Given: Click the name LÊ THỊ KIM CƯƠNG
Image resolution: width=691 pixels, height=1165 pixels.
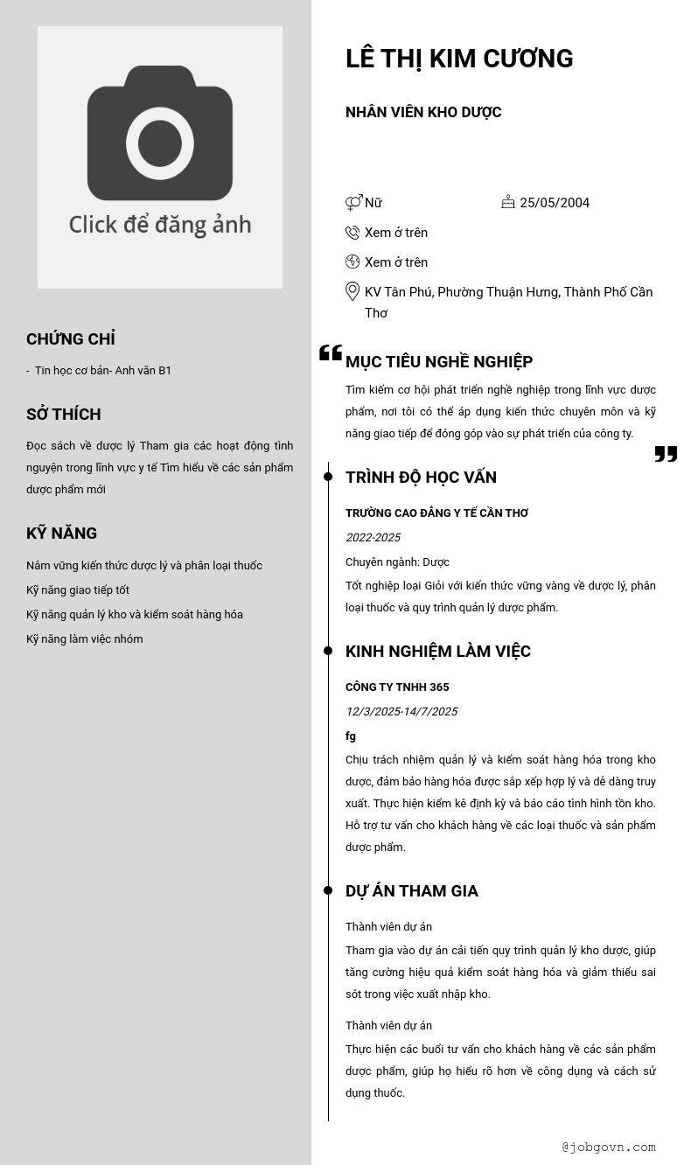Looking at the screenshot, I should [459, 59].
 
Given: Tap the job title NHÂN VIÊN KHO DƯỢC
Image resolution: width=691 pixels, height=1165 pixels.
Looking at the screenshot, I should [423, 112].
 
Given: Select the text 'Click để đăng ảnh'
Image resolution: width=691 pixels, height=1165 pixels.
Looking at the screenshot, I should [160, 225].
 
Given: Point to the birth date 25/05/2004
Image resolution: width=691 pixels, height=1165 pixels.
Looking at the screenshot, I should [555, 203].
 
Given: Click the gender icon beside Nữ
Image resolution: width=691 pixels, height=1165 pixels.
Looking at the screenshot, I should [353, 203].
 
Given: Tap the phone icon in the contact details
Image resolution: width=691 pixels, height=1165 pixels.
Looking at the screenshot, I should [352, 233].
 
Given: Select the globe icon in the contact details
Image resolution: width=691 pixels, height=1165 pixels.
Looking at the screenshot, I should [352, 262].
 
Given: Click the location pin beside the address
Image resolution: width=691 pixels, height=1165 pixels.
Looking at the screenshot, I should [352, 291].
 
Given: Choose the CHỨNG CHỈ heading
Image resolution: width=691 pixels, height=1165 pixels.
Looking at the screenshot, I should [71, 339].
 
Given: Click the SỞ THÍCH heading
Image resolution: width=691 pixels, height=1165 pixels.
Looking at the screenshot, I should [64, 415].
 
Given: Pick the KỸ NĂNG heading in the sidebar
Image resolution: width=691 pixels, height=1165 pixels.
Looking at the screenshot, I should [62, 534].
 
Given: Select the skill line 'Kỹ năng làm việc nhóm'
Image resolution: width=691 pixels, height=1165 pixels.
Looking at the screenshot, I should [85, 639].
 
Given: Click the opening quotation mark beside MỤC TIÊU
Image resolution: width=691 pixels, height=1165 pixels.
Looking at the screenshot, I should [330, 353].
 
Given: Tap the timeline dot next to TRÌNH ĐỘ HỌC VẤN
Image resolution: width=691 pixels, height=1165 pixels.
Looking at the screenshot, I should [328, 477].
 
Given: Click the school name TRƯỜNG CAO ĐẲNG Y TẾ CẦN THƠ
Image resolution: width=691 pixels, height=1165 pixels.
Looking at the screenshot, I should [436, 513].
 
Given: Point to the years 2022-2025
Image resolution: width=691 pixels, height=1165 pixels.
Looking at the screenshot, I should [373, 538].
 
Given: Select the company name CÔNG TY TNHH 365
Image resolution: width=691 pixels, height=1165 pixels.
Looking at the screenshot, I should [397, 687].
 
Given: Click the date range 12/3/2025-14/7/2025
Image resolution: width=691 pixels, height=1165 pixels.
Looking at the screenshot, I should [401, 712].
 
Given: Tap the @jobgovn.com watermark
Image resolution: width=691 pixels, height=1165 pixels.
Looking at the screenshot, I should [609, 1147].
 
